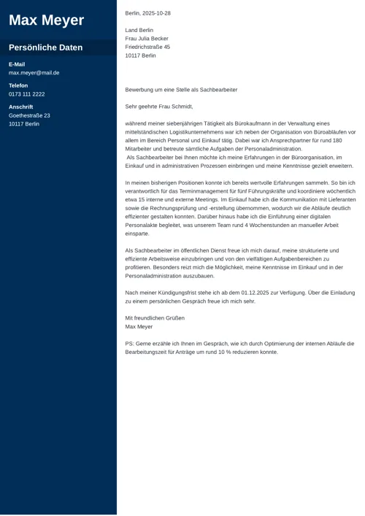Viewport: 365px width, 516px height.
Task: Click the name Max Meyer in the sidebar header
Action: coord(46,20)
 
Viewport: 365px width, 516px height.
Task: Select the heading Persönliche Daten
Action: coord(45,47)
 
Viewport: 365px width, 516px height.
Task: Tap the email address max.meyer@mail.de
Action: coord(34,73)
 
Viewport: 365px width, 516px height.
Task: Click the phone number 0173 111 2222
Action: coord(26,94)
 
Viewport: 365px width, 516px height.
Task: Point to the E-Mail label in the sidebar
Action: coord(17,64)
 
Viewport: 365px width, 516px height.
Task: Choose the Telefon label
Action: coord(18,85)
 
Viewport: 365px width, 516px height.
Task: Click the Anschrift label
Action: coord(20,107)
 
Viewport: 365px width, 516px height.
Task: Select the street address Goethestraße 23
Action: coord(29,115)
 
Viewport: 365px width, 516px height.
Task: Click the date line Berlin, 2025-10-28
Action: coord(147,13)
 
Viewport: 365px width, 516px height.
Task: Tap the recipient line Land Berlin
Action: coord(139,30)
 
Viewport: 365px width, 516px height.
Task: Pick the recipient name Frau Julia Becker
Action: coord(147,39)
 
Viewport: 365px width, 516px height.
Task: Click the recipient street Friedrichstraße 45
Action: coord(147,47)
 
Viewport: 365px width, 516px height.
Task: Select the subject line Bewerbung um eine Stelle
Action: coord(181,90)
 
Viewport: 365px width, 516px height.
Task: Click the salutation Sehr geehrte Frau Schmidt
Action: coord(159,107)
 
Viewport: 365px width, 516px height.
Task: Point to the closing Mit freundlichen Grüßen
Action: coord(155,318)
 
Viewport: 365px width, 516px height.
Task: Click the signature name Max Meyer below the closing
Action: coord(139,327)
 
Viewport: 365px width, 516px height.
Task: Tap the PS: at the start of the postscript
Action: coord(129,343)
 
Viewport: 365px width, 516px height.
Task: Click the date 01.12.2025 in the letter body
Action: coord(238,293)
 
